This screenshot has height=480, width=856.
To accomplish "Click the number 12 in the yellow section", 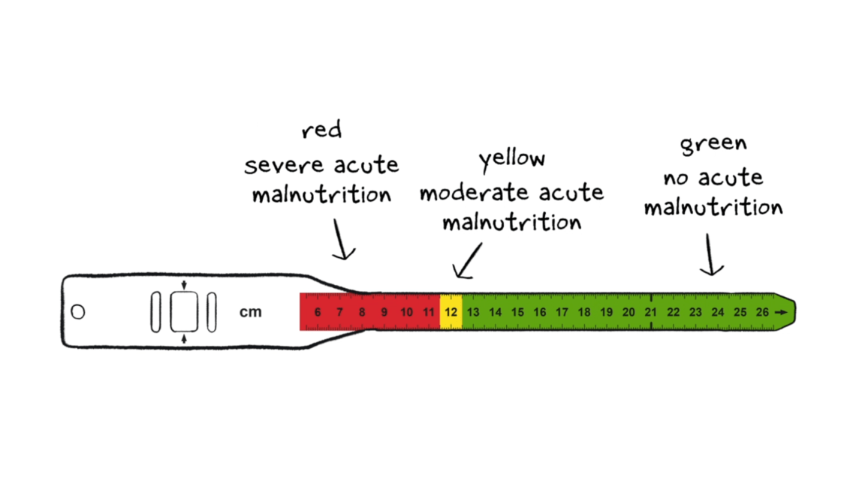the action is click(x=451, y=313).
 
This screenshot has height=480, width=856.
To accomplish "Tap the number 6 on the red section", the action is click(x=318, y=313).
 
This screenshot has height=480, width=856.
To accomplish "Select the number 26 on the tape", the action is click(x=762, y=313).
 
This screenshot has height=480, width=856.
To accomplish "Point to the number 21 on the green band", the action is click(x=651, y=313).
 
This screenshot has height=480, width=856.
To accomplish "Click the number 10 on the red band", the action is click(x=407, y=313).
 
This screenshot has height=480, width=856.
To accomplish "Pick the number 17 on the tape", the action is click(x=562, y=313).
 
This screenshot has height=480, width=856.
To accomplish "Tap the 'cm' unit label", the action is click(x=251, y=312).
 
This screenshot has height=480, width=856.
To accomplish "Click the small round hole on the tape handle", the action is click(x=78, y=312).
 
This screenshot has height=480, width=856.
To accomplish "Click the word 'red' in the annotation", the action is click(x=321, y=130).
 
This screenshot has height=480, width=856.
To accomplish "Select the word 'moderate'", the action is click(x=473, y=193).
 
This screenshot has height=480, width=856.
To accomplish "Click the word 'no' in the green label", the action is click(x=675, y=178).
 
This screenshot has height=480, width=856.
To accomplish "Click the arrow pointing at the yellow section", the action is click(x=468, y=261).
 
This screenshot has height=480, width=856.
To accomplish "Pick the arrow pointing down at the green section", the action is click(x=710, y=255).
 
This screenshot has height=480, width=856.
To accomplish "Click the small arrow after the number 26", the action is click(x=781, y=313).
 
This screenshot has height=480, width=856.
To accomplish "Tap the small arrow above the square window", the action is click(x=184, y=285).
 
